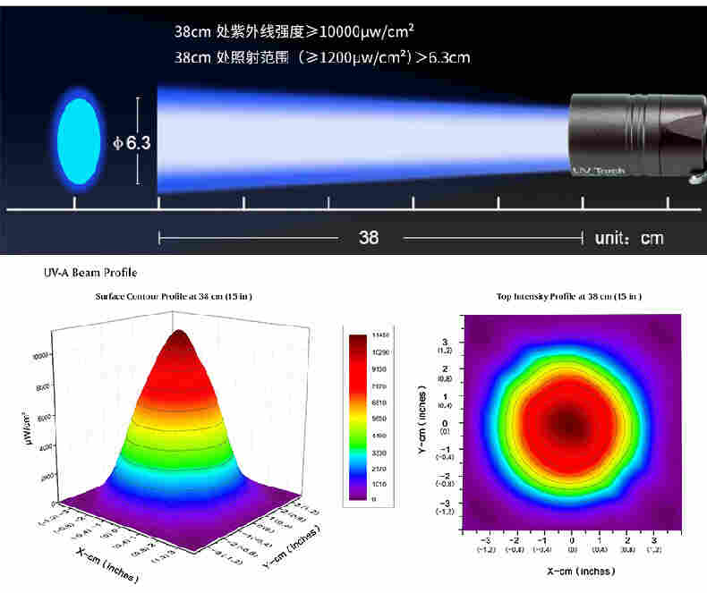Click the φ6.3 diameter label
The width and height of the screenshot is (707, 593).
(132, 141)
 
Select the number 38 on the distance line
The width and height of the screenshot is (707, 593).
(369, 237)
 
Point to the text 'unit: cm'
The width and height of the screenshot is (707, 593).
(628, 238)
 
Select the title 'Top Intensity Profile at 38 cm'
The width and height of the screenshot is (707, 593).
(568, 297)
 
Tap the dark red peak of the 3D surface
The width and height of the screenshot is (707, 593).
(181, 338)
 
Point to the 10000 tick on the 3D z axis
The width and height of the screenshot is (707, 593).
(39, 355)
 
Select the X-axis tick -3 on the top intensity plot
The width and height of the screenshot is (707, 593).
(486, 540)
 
